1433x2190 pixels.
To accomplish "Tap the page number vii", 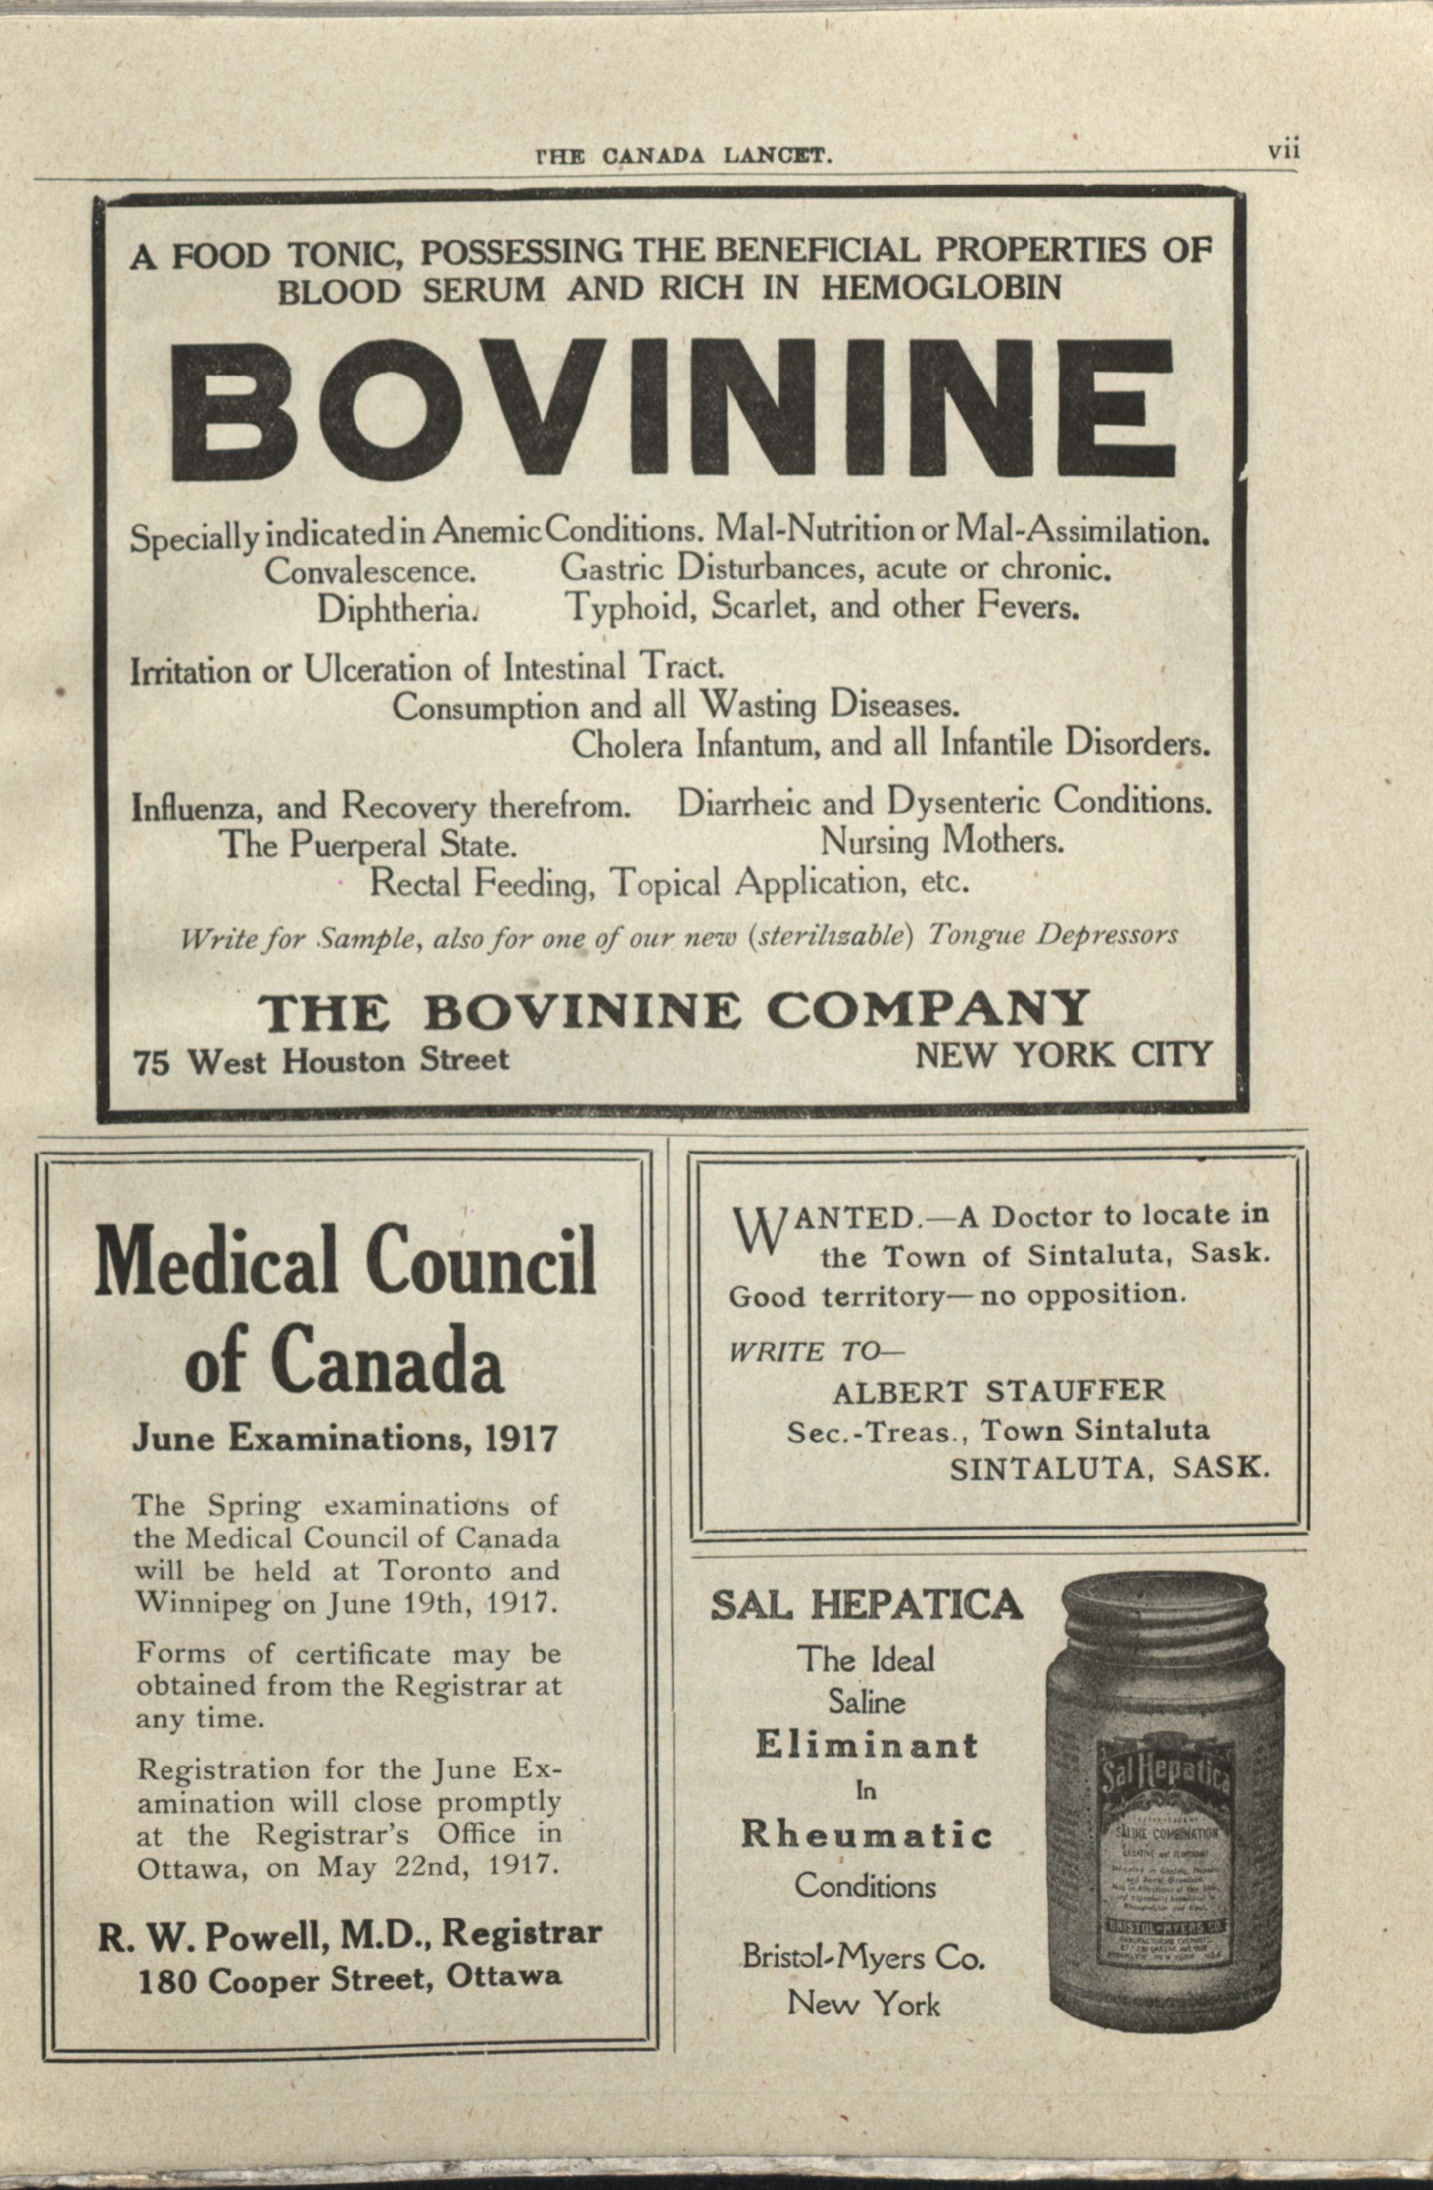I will [x=1282, y=151].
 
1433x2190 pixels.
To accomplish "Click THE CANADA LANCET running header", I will [x=684, y=156].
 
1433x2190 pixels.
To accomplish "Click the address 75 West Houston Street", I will [x=321, y=1061].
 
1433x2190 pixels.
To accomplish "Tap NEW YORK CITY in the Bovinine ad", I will [x=1062, y=1055].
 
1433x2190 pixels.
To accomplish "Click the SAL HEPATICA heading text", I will [x=865, y=1605].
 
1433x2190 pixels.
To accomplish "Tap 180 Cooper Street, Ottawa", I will [x=350, y=1979].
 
